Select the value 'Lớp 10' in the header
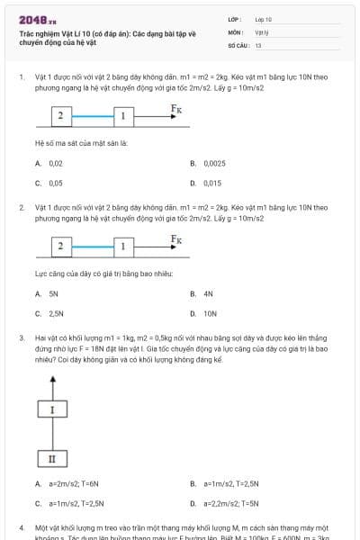pyautogui.click(x=263, y=19)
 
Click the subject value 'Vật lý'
pyautogui.click(x=262, y=31)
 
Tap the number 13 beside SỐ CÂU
pyautogui.click(x=258, y=44)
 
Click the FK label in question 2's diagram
pyautogui.click(x=176, y=238)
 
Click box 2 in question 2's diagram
pyautogui.click(x=59, y=246)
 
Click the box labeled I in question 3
pyautogui.click(x=52, y=410)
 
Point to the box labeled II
pyautogui.click(x=52, y=459)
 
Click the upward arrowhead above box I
pyautogui.click(x=52, y=376)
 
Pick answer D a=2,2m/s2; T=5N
pyautogui.click(x=230, y=503)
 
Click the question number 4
pyautogui.click(x=22, y=526)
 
